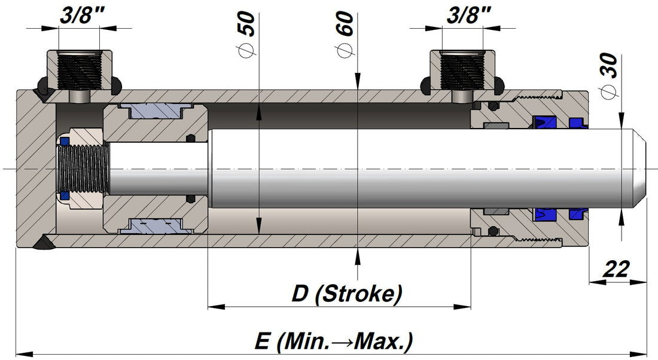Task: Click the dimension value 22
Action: click(x=617, y=270)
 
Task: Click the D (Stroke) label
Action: click(x=346, y=294)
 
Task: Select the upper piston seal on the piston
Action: click(x=156, y=111)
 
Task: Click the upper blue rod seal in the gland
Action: click(x=547, y=123)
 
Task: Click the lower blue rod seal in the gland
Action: click(x=547, y=213)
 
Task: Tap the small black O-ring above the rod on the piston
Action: click(x=191, y=138)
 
